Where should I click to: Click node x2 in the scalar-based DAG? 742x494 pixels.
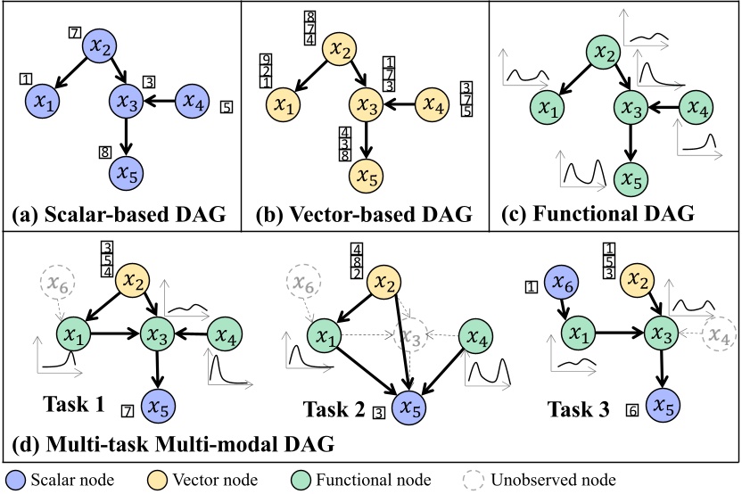(101, 47)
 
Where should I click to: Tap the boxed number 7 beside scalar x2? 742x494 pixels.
(75, 34)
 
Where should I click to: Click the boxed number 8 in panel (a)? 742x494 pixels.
(104, 151)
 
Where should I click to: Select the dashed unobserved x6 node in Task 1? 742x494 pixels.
(59, 285)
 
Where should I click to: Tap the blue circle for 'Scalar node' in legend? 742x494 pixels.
(15, 478)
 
